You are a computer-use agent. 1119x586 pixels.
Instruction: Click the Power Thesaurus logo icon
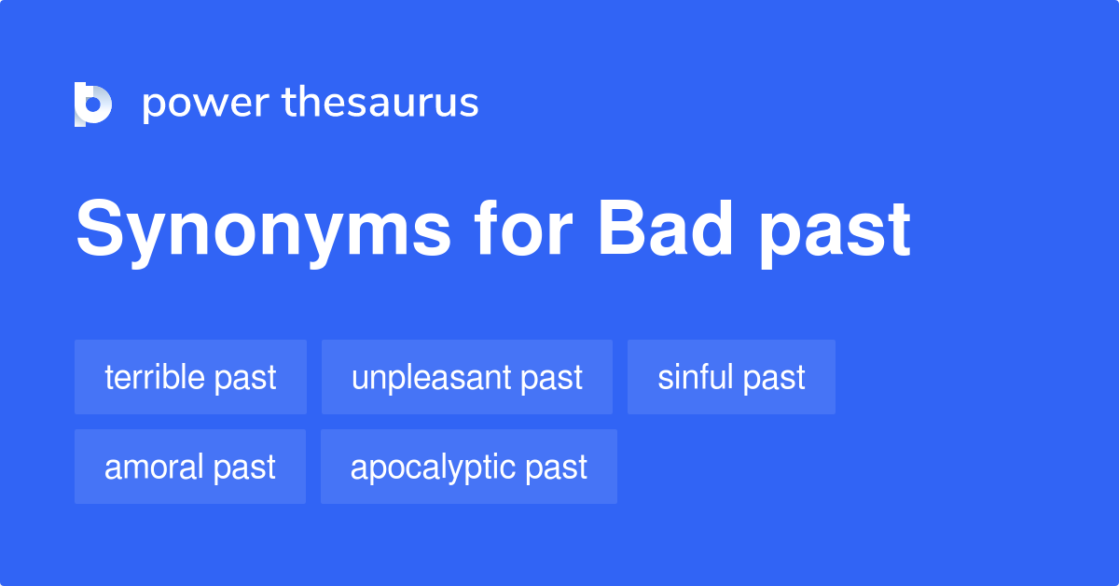(x=93, y=104)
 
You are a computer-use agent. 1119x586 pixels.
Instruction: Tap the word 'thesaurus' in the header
(x=380, y=103)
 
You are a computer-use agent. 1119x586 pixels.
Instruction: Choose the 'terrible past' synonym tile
(x=190, y=377)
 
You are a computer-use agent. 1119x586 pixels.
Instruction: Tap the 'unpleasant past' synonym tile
(x=466, y=377)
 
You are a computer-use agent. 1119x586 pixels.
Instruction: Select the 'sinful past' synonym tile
(x=731, y=377)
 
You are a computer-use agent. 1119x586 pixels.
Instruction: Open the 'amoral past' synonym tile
(x=190, y=467)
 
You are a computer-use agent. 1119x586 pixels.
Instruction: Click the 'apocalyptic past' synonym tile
(x=468, y=467)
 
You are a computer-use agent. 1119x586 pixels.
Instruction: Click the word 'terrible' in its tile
(x=155, y=377)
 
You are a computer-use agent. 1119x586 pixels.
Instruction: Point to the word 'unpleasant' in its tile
(x=432, y=377)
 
